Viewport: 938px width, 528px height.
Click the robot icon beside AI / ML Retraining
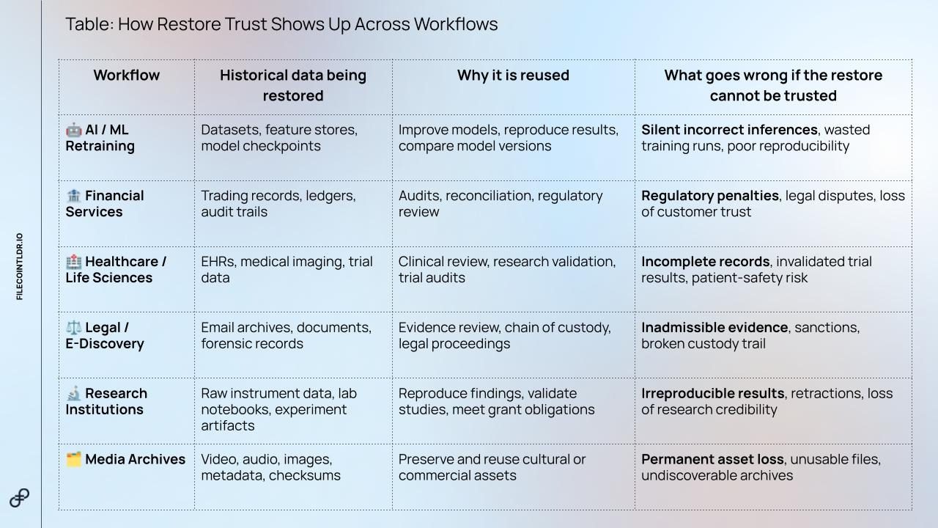[74, 130]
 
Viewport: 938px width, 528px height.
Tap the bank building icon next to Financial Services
[74, 196]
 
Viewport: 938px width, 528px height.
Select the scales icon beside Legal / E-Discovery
[74, 327]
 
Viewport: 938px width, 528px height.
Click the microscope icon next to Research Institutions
[74, 394]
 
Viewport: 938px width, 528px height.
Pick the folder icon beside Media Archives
[74, 459]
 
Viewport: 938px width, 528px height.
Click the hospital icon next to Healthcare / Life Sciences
[74, 262]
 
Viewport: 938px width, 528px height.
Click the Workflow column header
[127, 76]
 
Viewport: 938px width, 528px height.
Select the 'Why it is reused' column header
[514, 76]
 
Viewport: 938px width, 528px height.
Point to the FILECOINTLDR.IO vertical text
[20, 266]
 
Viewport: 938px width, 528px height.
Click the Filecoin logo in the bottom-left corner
[19, 498]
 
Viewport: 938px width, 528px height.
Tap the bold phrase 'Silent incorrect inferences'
[729, 130]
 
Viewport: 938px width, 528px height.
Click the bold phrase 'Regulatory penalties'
[710, 196]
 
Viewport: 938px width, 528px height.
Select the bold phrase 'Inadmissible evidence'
[714, 327]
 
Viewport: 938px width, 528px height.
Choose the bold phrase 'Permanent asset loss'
[713, 459]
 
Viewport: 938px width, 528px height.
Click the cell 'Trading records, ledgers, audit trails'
[278, 204]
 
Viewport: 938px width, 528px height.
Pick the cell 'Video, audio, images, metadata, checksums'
[271, 467]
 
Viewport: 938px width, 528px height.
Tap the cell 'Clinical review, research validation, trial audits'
[507, 269]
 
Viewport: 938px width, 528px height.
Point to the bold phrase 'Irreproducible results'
[713, 394]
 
